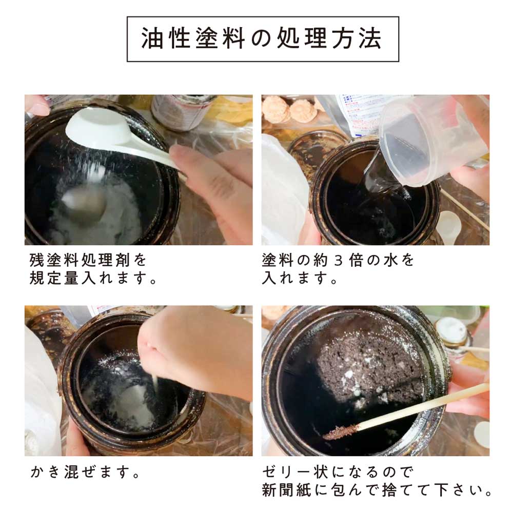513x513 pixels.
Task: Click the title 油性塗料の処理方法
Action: click(262, 38)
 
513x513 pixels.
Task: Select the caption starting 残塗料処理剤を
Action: click(88, 260)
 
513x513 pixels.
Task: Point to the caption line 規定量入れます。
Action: click(93, 278)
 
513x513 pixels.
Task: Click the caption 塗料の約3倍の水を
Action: click(338, 260)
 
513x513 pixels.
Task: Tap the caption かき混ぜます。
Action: click(85, 472)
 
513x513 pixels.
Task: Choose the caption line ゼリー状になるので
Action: click(338, 472)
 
